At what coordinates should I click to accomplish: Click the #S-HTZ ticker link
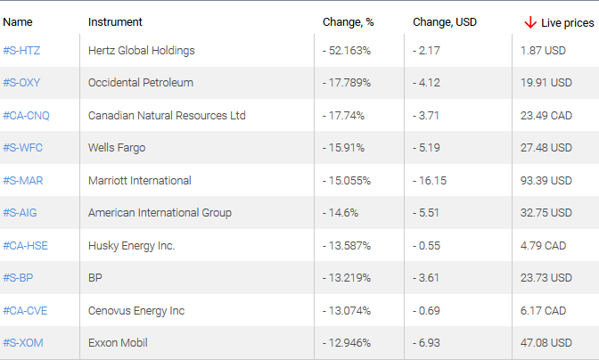tap(21, 51)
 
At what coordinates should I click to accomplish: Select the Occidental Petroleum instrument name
tap(141, 83)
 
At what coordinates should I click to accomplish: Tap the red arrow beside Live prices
tap(530, 21)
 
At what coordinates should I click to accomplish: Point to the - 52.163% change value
tap(347, 51)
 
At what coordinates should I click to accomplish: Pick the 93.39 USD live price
tap(546, 181)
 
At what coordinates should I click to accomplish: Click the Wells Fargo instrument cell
tap(117, 148)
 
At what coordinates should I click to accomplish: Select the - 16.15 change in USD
tap(430, 181)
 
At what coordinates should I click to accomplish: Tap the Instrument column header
tap(115, 21)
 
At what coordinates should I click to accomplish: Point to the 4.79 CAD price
tap(544, 246)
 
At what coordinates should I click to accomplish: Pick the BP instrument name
tap(95, 278)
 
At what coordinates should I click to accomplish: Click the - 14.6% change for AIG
tap(340, 213)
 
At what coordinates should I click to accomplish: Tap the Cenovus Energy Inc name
tap(136, 311)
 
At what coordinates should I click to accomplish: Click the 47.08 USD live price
tap(546, 343)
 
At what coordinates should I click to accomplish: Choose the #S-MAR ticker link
tap(23, 181)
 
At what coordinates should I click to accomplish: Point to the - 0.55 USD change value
tap(427, 246)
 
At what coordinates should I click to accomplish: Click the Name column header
tap(18, 21)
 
